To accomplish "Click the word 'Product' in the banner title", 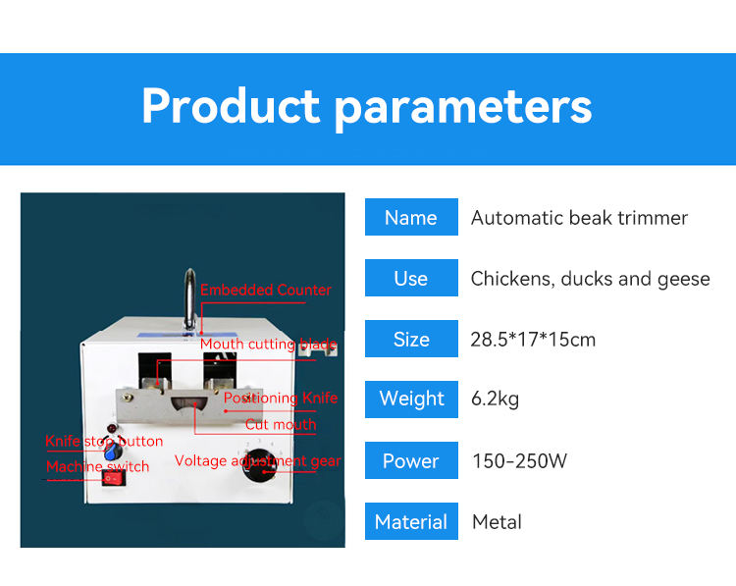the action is pyautogui.click(x=232, y=106).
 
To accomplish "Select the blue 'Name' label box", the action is pyautogui.click(x=411, y=217).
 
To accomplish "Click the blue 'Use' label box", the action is pyautogui.click(x=411, y=278).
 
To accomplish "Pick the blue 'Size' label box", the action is pyautogui.click(x=411, y=340).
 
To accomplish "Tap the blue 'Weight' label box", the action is pyautogui.click(x=411, y=399).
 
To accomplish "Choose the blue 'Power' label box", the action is pyautogui.click(x=411, y=460).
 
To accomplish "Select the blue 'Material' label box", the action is pyautogui.click(x=411, y=521).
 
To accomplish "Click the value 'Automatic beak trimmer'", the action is pyautogui.click(x=579, y=218).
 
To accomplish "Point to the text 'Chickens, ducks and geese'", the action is pyautogui.click(x=590, y=279).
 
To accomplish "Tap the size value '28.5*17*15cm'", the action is pyautogui.click(x=533, y=340).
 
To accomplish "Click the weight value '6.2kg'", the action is pyautogui.click(x=496, y=399).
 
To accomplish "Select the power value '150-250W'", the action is pyautogui.click(x=519, y=460).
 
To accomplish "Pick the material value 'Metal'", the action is pyautogui.click(x=497, y=521).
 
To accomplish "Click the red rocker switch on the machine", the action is pyautogui.click(x=114, y=478).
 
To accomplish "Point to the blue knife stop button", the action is pyautogui.click(x=112, y=453).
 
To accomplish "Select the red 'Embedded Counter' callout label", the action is pyautogui.click(x=266, y=291).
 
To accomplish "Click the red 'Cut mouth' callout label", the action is pyautogui.click(x=281, y=425).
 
